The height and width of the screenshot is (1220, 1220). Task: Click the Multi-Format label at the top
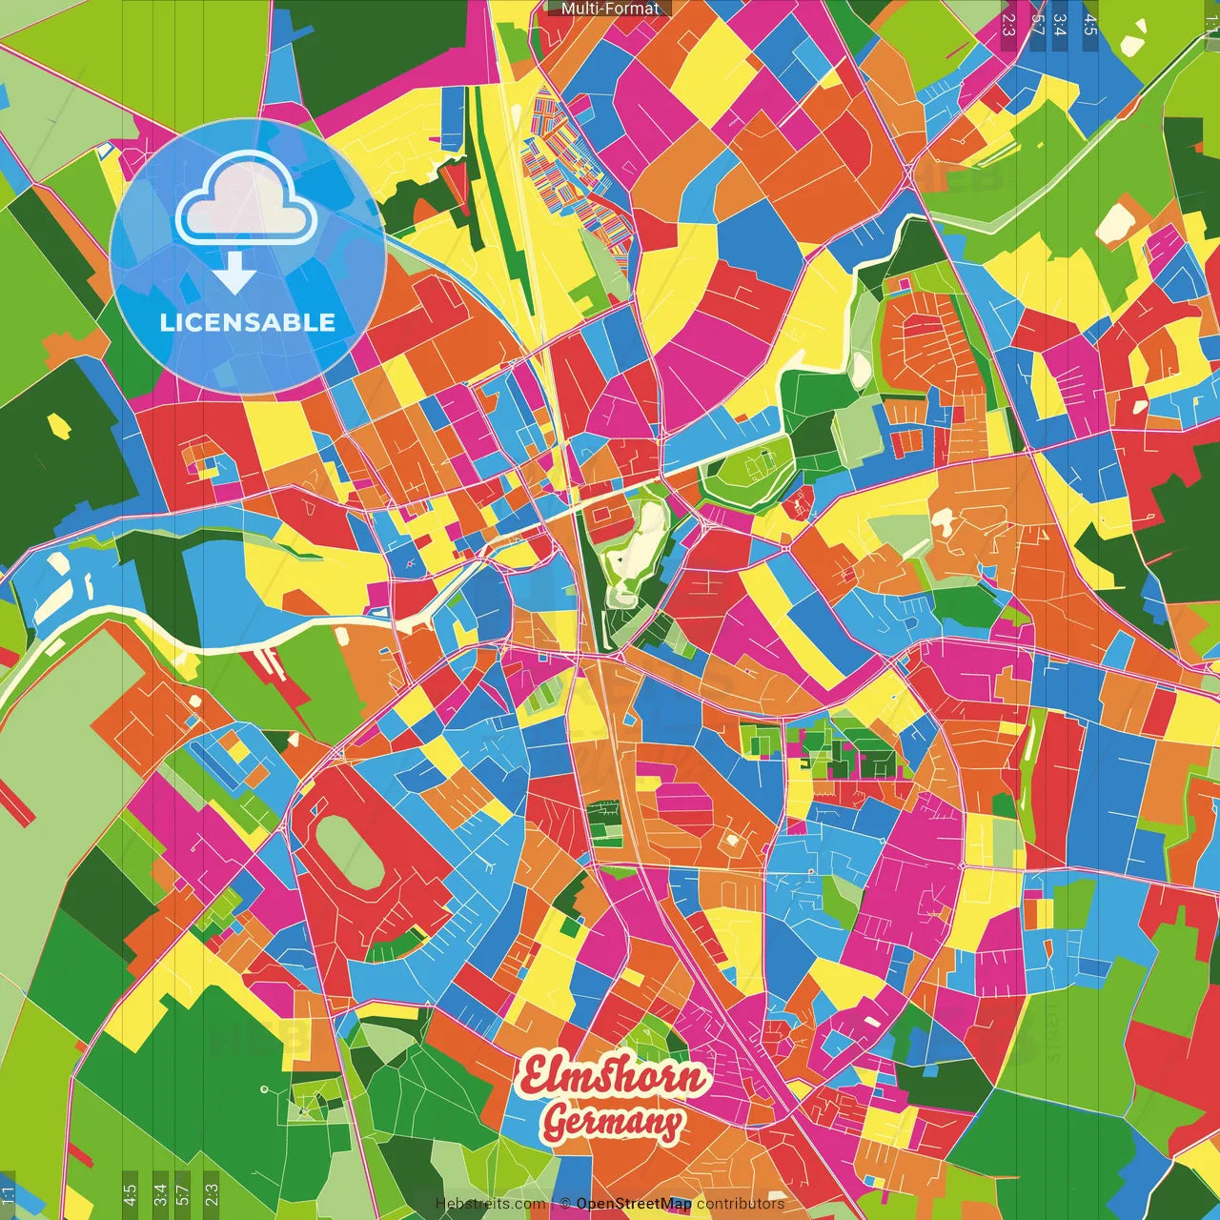[x=610, y=9]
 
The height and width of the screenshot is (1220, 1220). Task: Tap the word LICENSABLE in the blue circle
[x=248, y=322]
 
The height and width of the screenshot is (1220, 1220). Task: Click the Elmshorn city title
[x=614, y=1076]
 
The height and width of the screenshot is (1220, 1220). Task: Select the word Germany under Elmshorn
[x=612, y=1122]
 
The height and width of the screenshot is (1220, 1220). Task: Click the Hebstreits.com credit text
[x=490, y=1204]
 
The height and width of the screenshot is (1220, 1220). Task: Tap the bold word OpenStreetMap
[x=633, y=1204]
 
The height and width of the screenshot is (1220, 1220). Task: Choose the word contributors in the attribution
[x=740, y=1204]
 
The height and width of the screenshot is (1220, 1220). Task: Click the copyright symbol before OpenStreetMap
[x=564, y=1204]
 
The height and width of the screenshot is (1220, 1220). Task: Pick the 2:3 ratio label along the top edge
[x=1008, y=24]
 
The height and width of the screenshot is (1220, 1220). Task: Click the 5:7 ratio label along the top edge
[x=1037, y=24]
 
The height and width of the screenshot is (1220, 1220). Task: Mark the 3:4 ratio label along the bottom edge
[x=159, y=1194]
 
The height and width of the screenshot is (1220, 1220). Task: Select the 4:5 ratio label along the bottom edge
[x=130, y=1194]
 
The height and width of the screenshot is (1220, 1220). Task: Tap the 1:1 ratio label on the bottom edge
[x=8, y=1196]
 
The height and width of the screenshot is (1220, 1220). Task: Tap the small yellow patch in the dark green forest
[x=59, y=425]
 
